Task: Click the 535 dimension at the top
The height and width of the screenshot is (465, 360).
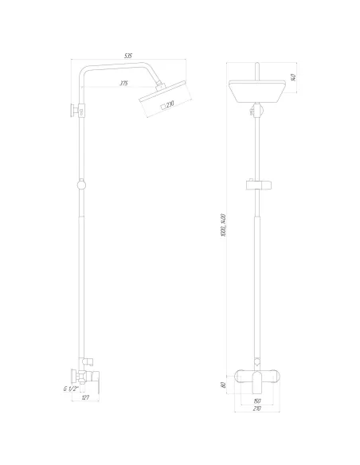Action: pyautogui.click(x=128, y=55)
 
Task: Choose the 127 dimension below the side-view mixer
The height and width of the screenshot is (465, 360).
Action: pyautogui.click(x=86, y=401)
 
